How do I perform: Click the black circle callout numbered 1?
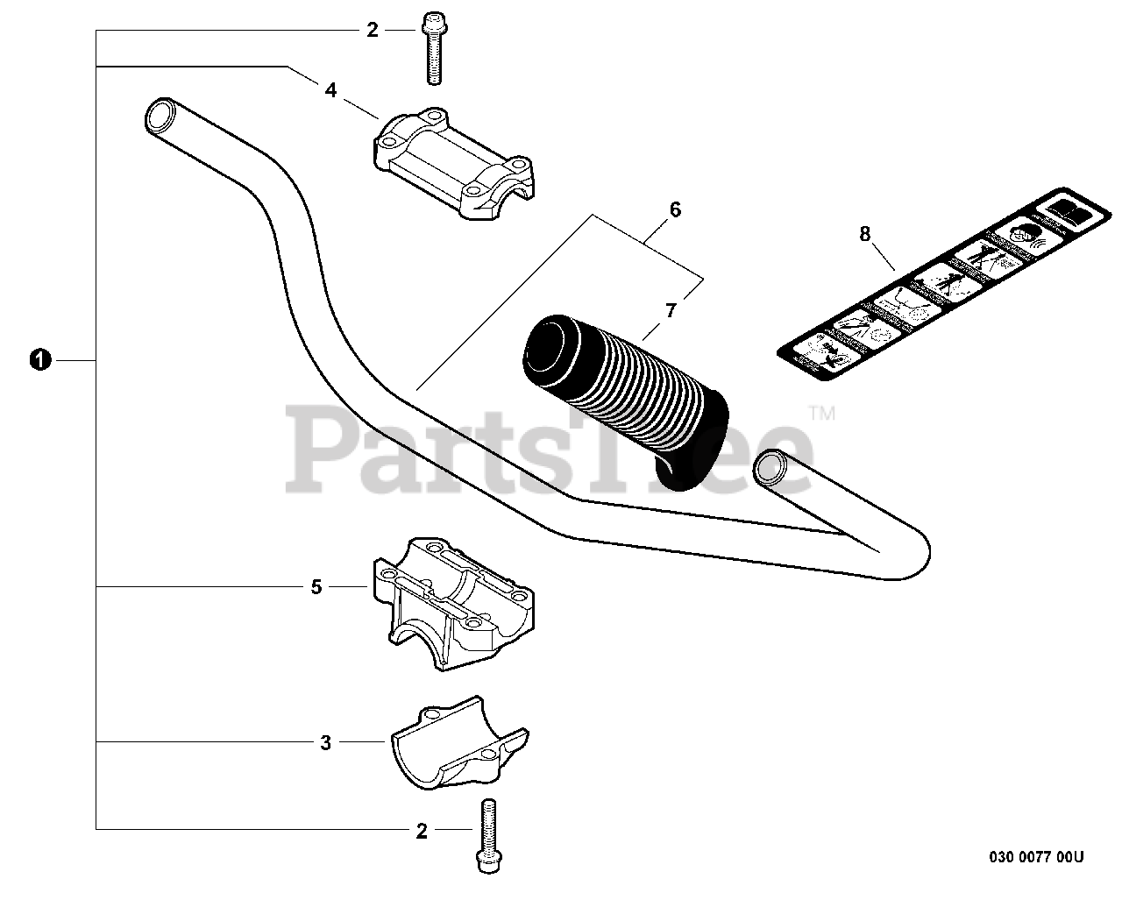coord(39,359)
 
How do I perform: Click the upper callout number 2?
coord(372,31)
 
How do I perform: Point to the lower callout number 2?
coord(421,831)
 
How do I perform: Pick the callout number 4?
coord(330,89)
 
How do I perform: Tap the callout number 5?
coord(316,586)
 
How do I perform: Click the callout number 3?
coord(325,743)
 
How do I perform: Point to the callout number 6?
coord(674,209)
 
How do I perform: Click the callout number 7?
coord(671,309)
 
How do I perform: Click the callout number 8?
coord(865,233)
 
